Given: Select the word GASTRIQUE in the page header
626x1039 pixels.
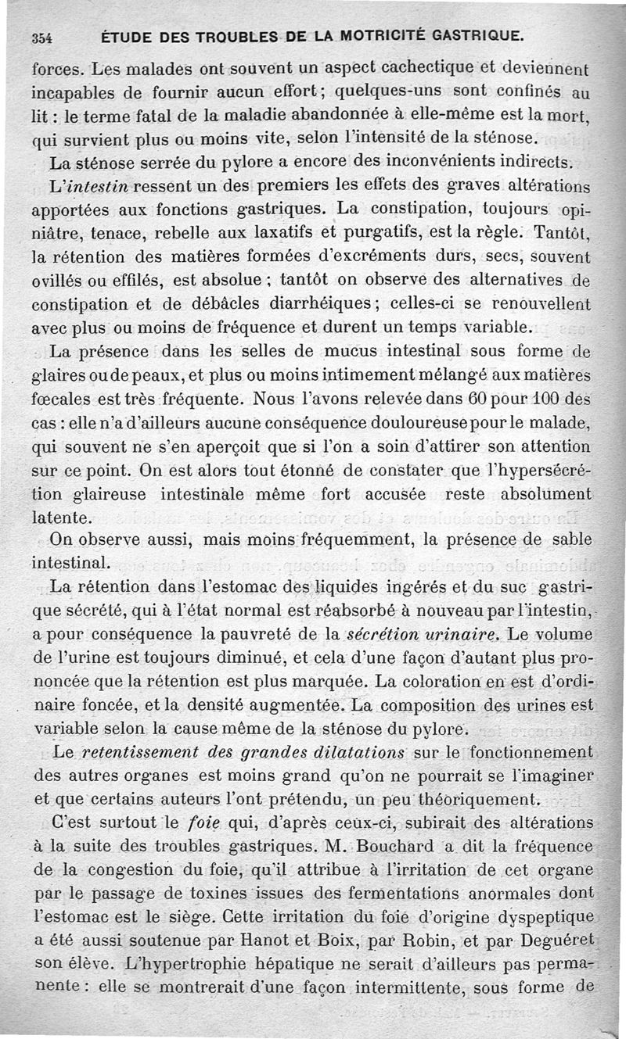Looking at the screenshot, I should coord(476,36).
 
